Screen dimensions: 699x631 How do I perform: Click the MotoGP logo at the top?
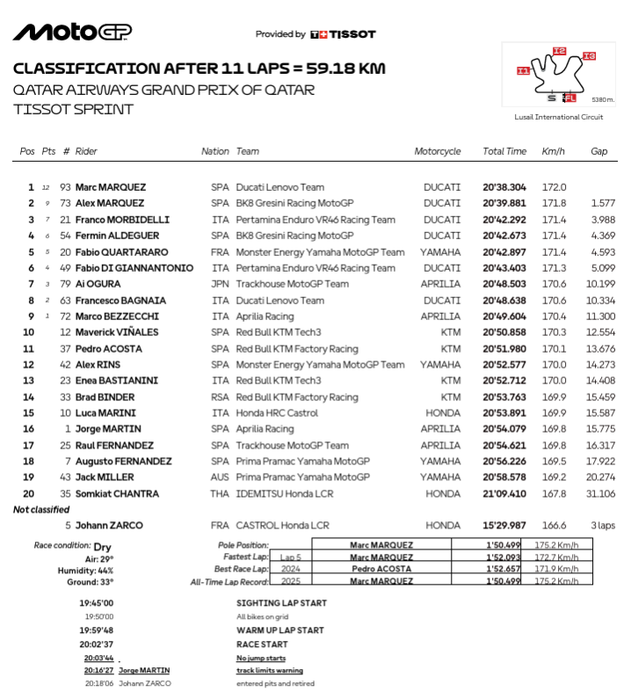point(72,33)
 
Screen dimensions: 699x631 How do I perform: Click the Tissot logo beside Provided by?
point(344,34)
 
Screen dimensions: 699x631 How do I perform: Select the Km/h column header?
point(554,151)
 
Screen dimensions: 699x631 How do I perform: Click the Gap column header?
point(598,151)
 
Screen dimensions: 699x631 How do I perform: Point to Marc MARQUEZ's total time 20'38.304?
point(504,187)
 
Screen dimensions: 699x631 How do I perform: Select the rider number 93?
point(65,187)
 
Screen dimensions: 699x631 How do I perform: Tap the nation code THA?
point(219,494)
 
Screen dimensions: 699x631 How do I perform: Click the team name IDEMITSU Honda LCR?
point(282,494)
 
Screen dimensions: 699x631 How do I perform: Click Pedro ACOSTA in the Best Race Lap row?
point(381,569)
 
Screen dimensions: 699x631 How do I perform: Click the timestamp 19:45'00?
point(97,603)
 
